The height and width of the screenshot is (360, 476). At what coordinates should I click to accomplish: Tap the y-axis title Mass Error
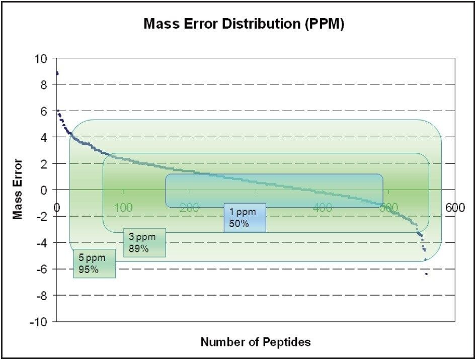[x=18, y=189]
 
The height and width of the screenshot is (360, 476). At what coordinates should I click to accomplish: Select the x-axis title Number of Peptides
[x=256, y=342]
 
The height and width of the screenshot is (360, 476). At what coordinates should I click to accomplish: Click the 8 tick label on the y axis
[x=43, y=84]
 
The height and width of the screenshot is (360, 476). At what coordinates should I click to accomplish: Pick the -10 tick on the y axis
[x=38, y=322]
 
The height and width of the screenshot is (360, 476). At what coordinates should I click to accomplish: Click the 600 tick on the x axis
[x=455, y=208]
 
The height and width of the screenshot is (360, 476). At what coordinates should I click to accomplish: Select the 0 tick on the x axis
[x=57, y=208]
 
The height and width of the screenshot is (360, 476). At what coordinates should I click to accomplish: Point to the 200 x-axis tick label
[x=189, y=208]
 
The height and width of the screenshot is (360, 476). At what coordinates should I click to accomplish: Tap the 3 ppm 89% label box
[x=144, y=242]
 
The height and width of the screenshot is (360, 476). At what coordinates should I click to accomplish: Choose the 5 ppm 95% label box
[x=94, y=263]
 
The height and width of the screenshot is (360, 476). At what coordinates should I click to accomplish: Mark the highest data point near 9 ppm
[x=57, y=73]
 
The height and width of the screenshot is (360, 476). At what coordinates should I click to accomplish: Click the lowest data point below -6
[x=426, y=274]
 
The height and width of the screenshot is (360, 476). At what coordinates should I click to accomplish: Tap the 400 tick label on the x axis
[x=322, y=208]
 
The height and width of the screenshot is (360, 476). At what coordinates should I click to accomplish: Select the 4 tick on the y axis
[x=43, y=137]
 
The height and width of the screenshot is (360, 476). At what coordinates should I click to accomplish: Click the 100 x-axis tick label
[x=123, y=208]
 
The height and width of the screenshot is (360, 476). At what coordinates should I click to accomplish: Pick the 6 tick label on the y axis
[x=43, y=111]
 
